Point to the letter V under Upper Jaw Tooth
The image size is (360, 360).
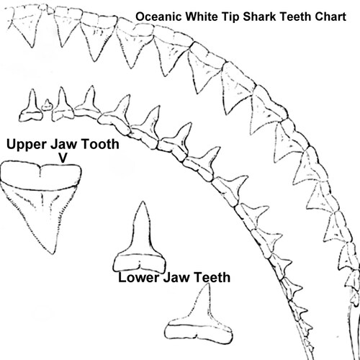[63, 158]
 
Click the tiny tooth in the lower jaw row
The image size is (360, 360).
[47, 105]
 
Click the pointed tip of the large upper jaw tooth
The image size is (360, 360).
[53, 253]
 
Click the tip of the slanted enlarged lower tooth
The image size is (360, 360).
[208, 284]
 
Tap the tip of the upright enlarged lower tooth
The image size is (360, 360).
[143, 202]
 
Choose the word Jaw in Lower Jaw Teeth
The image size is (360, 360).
[176, 277]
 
